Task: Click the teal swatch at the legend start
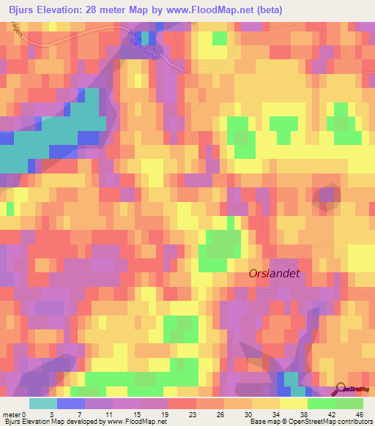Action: pos(43,403)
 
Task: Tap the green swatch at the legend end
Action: pos(349,403)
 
